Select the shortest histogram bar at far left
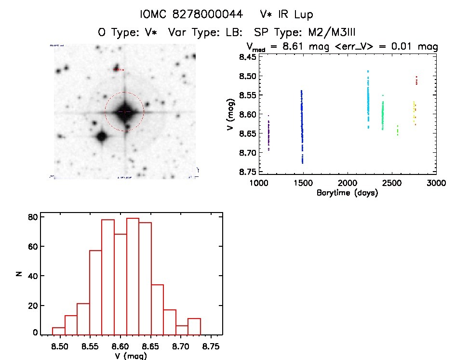pos(58,331)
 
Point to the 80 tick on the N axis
pos(32,217)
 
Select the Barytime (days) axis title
pos(347,193)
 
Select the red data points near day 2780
pos(416,80)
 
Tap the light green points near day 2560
pos(397,130)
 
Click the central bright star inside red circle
pos(125,112)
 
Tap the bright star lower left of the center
pos(101,136)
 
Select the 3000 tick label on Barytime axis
pos(436,184)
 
